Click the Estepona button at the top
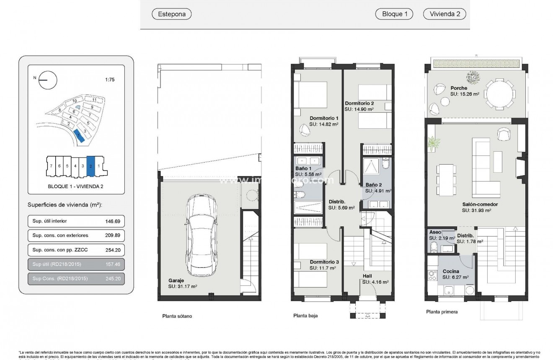171,14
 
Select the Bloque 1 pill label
394,14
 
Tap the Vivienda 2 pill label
444,14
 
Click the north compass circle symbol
47,80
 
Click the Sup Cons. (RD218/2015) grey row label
60,278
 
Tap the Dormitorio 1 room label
324,118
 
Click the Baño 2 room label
373,185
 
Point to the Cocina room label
451,271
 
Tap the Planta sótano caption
177,316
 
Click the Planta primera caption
442,312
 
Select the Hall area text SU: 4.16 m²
375,282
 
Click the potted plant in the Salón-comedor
433,144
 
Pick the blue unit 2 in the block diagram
90,166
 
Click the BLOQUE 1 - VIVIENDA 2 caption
76,186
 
